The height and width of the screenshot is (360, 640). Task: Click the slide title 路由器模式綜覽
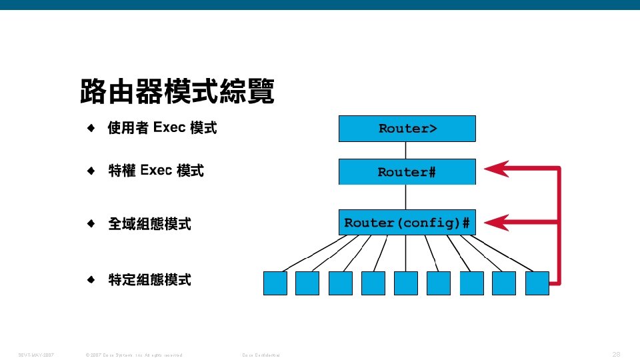coord(177,92)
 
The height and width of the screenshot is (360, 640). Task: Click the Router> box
coord(407,129)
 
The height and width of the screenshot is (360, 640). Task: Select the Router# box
coord(407,172)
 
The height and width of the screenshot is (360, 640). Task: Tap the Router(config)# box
coord(407,222)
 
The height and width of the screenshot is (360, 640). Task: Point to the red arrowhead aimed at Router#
coord(497,169)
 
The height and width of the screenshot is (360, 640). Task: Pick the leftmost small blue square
coord(275,283)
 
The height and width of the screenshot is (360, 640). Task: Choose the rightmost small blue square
coord(537,283)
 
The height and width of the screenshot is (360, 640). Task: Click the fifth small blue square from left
coord(406,283)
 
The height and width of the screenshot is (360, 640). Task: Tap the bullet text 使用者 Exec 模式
coord(162,127)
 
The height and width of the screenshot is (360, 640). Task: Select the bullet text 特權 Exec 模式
coord(155,171)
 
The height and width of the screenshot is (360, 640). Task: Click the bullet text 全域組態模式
coord(149,224)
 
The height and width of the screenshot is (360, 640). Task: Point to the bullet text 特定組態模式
coord(149,280)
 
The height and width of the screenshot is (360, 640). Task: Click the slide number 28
coord(616,354)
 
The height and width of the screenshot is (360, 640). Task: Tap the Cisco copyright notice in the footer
coord(131,355)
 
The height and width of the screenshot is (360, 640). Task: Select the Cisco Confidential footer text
coord(261,355)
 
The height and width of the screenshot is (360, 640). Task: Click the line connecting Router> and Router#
coord(406,150)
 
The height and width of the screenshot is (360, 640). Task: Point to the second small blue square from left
coord(307,283)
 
